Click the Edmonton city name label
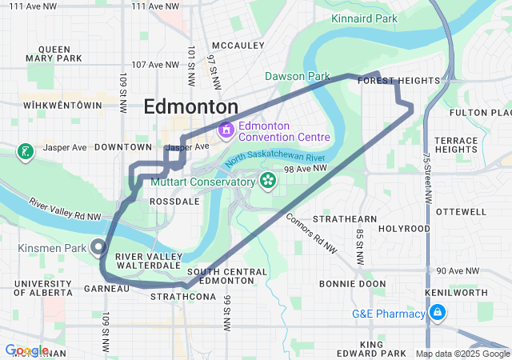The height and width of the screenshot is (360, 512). point(190,107)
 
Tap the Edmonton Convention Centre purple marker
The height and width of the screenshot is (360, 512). point(226,128)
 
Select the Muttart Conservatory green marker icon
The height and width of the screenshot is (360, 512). point(266,182)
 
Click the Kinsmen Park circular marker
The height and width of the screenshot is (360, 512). point(99,247)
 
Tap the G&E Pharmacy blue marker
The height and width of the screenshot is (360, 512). point(437,314)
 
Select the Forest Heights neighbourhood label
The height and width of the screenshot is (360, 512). point(399,81)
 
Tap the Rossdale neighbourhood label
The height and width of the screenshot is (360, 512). point(174,202)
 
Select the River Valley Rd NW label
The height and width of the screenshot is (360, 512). point(66,210)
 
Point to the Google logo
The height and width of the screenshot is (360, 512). point(26,350)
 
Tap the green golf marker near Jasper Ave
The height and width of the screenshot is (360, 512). point(25,151)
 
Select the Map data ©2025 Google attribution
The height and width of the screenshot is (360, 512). point(462,354)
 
